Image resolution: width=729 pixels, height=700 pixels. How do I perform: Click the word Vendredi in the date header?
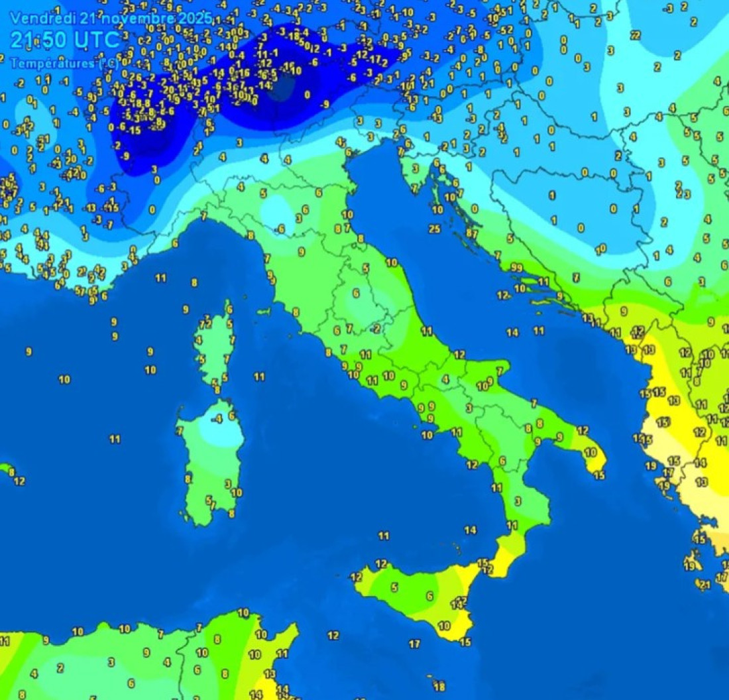[34, 17]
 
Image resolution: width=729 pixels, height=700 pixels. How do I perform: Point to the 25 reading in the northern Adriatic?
[435, 229]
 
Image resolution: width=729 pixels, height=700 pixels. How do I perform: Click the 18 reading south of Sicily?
[439, 687]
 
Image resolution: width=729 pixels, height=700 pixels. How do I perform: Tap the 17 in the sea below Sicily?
[414, 644]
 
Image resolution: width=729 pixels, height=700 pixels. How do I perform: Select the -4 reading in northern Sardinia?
[218, 419]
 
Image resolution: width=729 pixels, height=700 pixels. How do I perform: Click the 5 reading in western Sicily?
[394, 587]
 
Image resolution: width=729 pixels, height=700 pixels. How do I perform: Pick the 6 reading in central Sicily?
[429, 596]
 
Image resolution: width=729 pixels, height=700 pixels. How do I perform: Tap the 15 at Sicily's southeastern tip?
[465, 642]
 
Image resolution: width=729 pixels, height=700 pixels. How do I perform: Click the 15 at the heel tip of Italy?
[599, 475]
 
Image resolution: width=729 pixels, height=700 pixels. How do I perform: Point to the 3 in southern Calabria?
[518, 501]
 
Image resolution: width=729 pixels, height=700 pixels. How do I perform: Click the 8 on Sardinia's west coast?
[188, 479]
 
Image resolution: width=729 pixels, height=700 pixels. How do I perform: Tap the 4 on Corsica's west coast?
[198, 340]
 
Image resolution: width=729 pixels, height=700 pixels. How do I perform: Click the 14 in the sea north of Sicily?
[471, 530]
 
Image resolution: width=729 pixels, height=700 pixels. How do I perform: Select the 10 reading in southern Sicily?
[444, 626]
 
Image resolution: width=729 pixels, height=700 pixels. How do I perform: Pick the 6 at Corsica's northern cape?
[229, 309]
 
